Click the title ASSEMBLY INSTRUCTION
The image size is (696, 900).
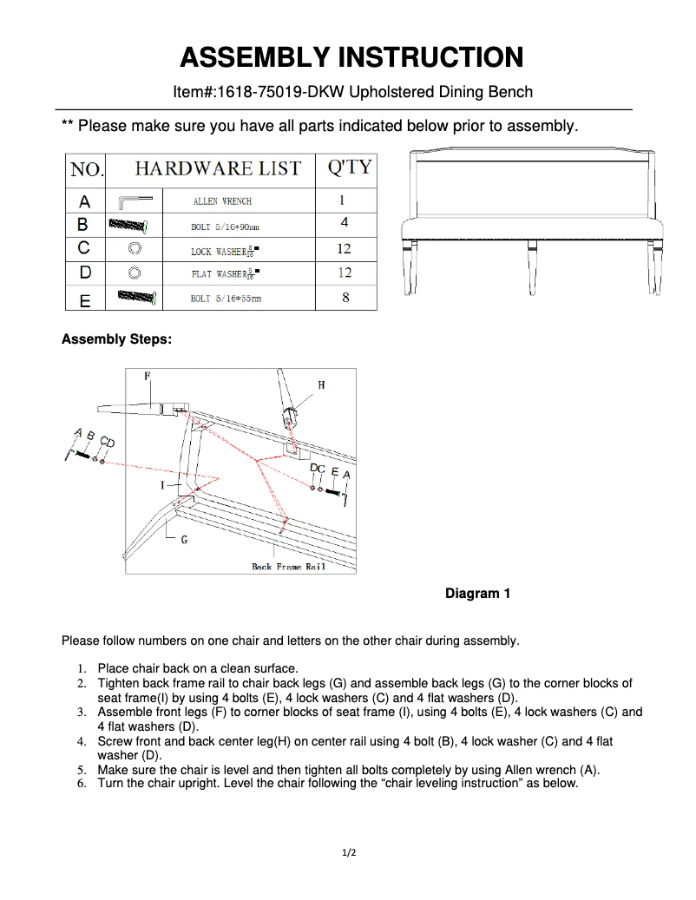[351, 57]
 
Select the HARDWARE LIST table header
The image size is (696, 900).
[218, 168]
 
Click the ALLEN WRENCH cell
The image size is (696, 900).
[222, 201]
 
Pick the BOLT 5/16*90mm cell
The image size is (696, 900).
[225, 226]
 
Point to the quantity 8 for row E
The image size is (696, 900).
[345, 298]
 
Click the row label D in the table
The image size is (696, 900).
[85, 273]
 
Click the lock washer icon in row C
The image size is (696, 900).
[135, 248]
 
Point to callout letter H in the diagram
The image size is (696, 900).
[321, 384]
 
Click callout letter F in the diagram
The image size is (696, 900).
[148, 376]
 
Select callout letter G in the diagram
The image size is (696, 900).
[184, 540]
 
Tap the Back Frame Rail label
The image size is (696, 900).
[288, 567]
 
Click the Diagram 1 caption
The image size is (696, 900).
[477, 594]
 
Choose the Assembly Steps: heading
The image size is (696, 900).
[116, 339]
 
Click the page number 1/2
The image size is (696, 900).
[348, 852]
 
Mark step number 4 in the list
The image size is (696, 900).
[81, 742]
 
